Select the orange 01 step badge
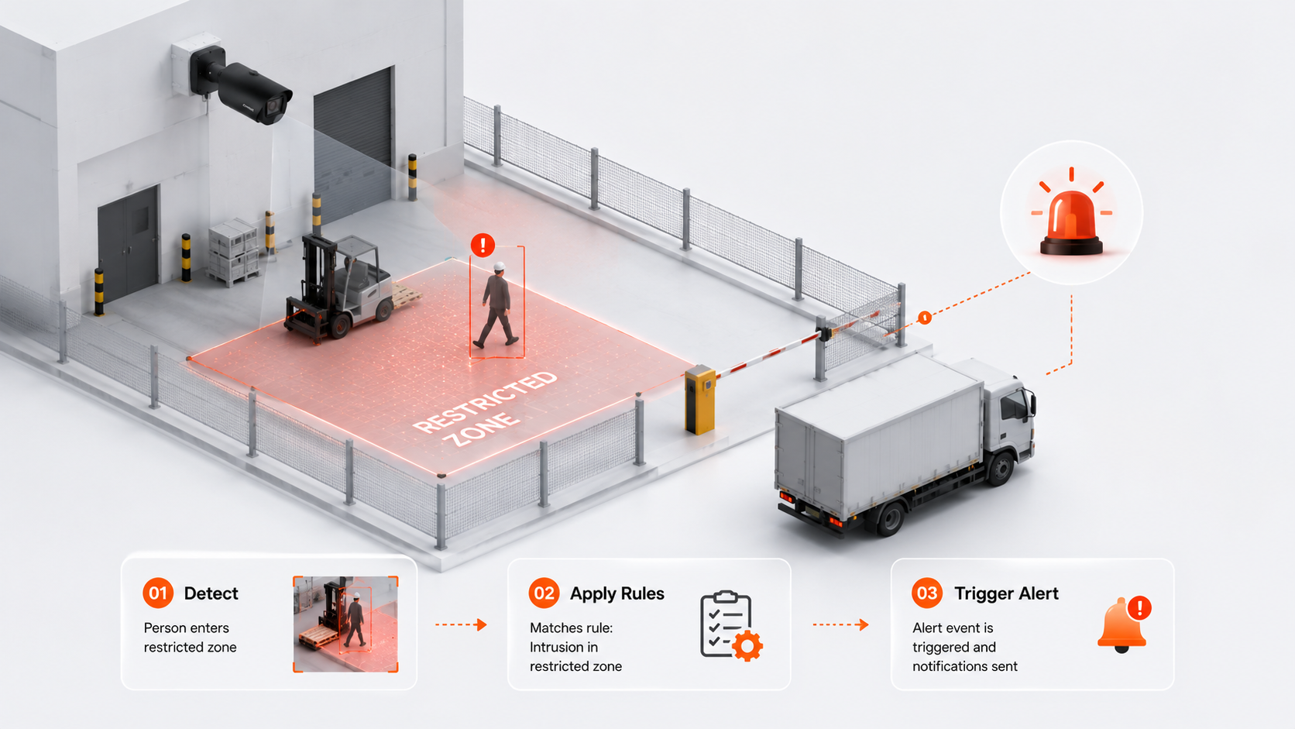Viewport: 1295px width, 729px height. tap(158, 593)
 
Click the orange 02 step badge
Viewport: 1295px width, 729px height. tap(544, 593)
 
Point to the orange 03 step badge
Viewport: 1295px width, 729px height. tap(927, 593)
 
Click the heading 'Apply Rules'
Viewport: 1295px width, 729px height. tap(617, 593)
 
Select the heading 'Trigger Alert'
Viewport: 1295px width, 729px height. tap(1006, 593)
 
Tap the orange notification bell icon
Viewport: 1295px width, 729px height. tap(1124, 624)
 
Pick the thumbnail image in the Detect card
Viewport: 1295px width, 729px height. tap(345, 624)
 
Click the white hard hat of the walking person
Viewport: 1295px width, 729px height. tap(499, 266)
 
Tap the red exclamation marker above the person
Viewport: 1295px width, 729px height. tap(483, 245)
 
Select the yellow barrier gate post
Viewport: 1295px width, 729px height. tap(700, 400)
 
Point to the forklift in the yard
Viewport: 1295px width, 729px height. tap(341, 287)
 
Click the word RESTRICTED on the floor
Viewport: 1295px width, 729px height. tap(486, 402)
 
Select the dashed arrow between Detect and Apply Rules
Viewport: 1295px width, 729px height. tap(461, 624)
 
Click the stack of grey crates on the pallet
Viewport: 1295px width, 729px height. tap(234, 252)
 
